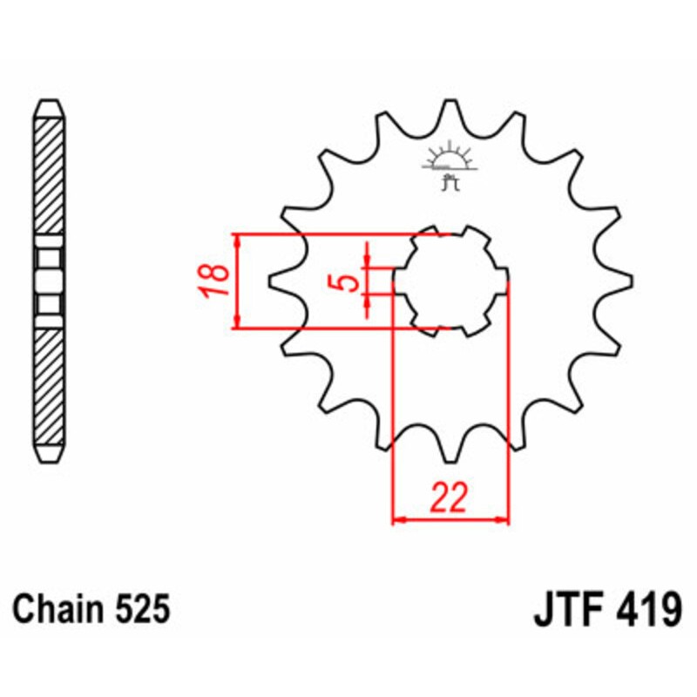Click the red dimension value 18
click(217, 281)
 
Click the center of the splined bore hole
click(450, 281)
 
